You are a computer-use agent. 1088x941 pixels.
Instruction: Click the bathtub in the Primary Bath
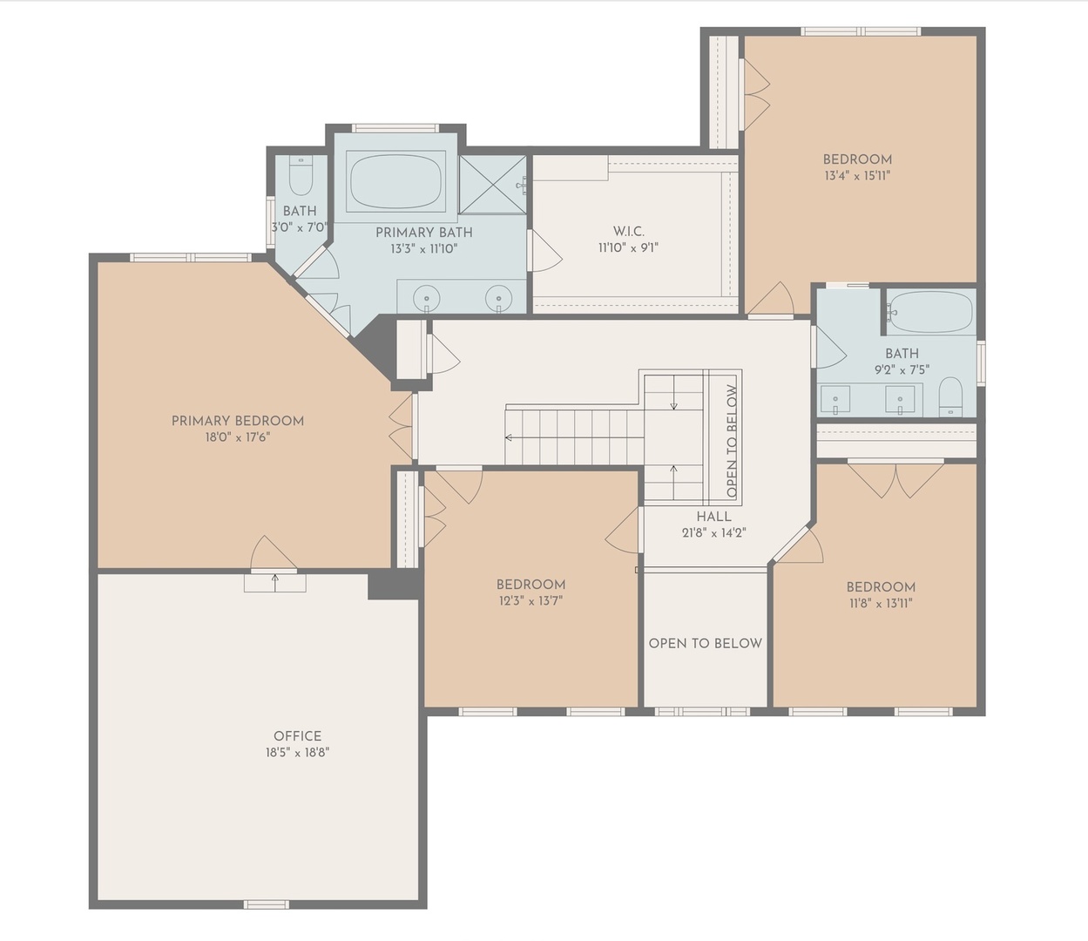coord(395,181)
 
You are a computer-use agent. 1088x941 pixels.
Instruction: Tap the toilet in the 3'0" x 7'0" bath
coord(301,176)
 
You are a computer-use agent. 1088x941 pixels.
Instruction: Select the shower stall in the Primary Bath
coord(492,184)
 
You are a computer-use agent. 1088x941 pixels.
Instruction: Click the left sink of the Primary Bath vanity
coord(427,298)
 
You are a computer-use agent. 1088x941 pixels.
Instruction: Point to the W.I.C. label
coord(628,231)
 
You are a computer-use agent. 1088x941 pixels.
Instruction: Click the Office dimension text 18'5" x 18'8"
coord(297,753)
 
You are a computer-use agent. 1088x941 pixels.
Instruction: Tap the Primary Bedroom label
coord(238,421)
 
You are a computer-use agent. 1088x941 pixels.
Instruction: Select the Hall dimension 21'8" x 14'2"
coord(713,533)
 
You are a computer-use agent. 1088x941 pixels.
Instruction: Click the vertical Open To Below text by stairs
coord(732,442)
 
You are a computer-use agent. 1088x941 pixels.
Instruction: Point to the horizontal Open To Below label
coord(705,643)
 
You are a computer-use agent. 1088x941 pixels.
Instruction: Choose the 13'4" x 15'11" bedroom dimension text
coord(857,175)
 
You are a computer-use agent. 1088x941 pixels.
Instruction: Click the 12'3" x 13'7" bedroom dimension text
coord(530,600)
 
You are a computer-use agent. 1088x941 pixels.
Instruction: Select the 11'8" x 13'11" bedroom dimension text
coord(881,603)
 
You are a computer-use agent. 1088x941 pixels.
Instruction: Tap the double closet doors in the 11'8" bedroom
coord(895,477)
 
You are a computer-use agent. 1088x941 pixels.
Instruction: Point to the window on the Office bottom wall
coord(266,904)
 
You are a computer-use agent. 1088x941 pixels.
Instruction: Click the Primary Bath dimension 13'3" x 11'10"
coord(423,248)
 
